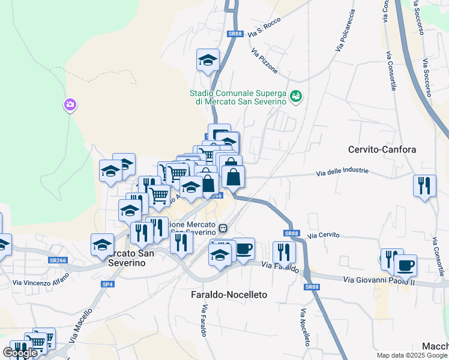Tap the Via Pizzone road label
point(265,61)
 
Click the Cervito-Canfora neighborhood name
point(382,149)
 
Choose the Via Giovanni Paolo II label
point(379,280)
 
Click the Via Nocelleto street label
point(306,327)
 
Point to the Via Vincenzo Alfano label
point(41,279)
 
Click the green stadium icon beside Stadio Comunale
point(295,96)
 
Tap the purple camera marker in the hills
point(70,106)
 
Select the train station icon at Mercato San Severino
point(223,228)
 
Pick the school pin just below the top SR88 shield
point(208,60)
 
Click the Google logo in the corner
point(19,353)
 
